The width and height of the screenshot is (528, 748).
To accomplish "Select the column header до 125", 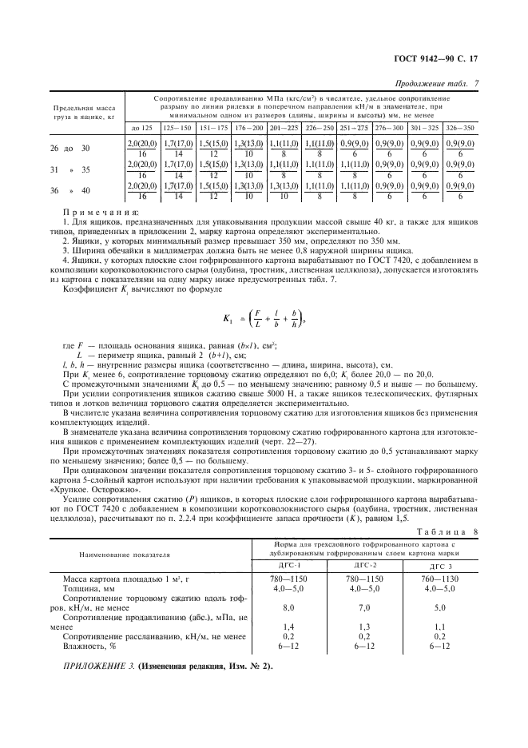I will coord(141,127).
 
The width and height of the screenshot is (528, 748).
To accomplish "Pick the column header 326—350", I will coord(459,127).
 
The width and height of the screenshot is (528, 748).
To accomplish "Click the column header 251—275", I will coord(354,127).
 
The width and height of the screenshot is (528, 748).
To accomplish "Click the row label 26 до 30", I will coord(71,148).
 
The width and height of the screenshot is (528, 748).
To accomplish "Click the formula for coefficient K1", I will coord(264,296).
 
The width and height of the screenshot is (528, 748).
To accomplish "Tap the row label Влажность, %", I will coord(85,647).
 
